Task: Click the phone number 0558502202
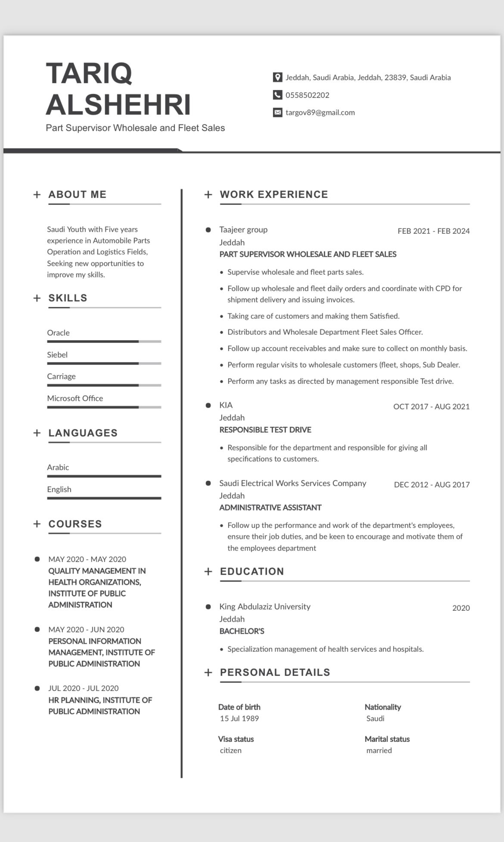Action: pyautogui.click(x=307, y=95)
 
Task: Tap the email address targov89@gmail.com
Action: pyautogui.click(x=320, y=113)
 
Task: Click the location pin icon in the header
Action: pyautogui.click(x=277, y=78)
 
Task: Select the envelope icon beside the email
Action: pyautogui.click(x=277, y=113)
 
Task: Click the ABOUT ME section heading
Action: pyautogui.click(x=77, y=195)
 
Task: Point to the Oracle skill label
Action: pyautogui.click(x=58, y=333)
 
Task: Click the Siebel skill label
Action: pyautogui.click(x=57, y=355)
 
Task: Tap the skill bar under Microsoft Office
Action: pyautogui.click(x=104, y=407)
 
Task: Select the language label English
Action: pyautogui.click(x=59, y=490)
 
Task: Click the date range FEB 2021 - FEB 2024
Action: pyautogui.click(x=433, y=231)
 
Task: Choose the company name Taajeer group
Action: pyautogui.click(x=243, y=230)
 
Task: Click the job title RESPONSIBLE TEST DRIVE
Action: pyautogui.click(x=265, y=430)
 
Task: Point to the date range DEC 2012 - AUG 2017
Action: pyautogui.click(x=432, y=485)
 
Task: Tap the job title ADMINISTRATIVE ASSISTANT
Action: pyautogui.click(x=270, y=508)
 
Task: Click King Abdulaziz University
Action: pyautogui.click(x=264, y=607)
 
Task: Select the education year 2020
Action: pyautogui.click(x=461, y=608)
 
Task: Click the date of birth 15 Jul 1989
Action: pyautogui.click(x=239, y=719)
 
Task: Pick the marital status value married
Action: pyautogui.click(x=379, y=751)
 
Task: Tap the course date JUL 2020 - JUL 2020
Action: pyautogui.click(x=83, y=688)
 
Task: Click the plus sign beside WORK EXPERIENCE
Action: pyautogui.click(x=208, y=195)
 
